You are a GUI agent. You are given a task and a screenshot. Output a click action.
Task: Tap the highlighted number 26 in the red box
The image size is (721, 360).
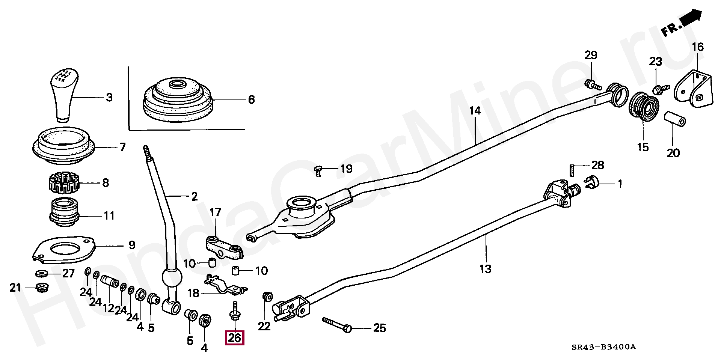(x=234, y=338)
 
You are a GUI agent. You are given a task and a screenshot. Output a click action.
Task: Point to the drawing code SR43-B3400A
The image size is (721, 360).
(x=603, y=347)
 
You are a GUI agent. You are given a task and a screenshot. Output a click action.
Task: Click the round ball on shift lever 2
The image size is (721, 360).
(x=172, y=278)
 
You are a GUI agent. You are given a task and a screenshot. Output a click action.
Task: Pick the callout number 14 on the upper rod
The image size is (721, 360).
(x=475, y=111)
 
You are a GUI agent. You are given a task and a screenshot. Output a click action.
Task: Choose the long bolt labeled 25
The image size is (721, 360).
(x=337, y=325)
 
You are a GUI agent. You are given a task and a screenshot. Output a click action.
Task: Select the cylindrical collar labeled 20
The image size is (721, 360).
(x=675, y=119)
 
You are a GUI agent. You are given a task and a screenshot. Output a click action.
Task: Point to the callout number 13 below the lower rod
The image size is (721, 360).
(x=485, y=269)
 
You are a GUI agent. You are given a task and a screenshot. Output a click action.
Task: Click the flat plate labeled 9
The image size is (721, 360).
(x=63, y=250)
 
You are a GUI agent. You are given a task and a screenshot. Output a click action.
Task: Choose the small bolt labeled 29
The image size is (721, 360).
(x=591, y=84)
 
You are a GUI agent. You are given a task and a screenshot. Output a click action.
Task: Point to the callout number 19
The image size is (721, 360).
(x=346, y=169)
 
